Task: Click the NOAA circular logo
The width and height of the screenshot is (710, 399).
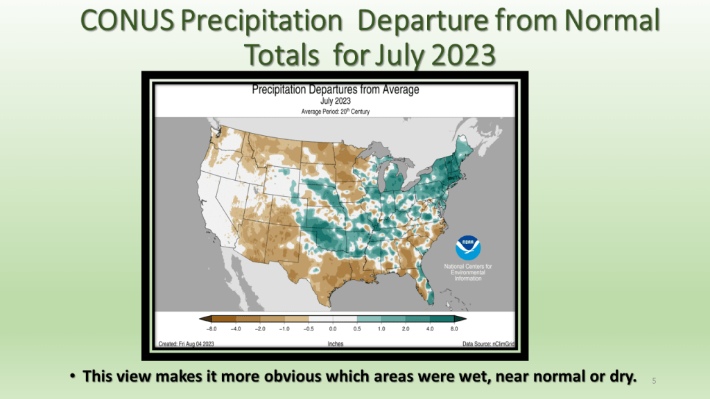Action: tap(468, 248)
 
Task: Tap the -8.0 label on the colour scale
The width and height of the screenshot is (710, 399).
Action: tap(211, 329)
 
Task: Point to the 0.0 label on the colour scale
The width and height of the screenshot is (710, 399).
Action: tap(333, 329)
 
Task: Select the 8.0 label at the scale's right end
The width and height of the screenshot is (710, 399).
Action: tap(454, 329)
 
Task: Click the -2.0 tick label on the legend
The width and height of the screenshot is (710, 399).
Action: tap(260, 329)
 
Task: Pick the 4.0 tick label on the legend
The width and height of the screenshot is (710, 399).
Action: tap(430, 329)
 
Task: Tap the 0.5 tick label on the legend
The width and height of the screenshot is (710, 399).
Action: tap(357, 329)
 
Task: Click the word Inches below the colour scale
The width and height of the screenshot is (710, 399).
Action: tap(336, 344)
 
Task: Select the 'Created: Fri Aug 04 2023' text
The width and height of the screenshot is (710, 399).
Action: tap(186, 344)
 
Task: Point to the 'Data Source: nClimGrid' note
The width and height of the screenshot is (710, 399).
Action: tap(489, 344)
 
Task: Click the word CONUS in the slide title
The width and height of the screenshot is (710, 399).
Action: tap(128, 21)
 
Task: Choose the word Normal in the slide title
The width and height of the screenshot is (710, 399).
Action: tap(612, 21)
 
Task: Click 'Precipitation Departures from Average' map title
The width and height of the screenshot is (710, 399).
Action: tap(336, 89)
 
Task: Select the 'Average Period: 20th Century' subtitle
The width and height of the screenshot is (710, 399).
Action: tap(336, 112)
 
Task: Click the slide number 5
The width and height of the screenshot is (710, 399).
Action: tap(654, 381)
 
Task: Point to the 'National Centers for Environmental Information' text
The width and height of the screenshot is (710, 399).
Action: tap(468, 272)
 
